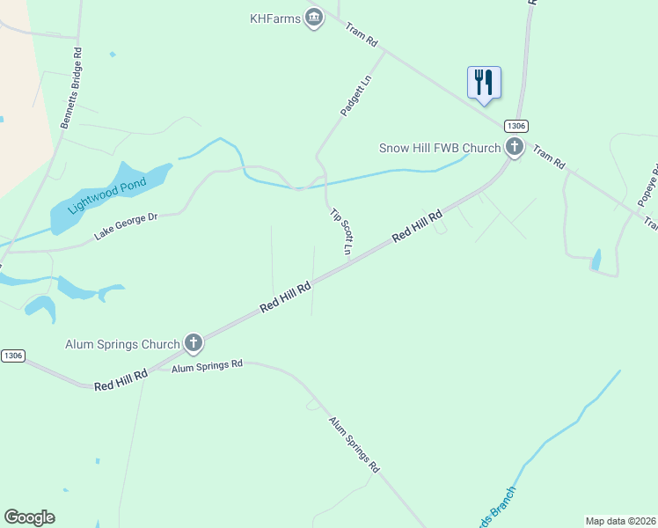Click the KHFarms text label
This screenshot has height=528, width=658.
275,18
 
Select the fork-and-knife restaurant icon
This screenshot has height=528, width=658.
484,83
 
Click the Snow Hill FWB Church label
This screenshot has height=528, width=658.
440,148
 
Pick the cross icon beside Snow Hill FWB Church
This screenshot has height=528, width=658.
515,148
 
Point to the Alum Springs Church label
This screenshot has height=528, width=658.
122,344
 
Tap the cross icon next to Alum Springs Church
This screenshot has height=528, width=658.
194,344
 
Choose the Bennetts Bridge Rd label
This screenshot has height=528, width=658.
71,88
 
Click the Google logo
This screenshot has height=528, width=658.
29,517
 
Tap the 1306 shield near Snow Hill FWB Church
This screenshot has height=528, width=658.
515,127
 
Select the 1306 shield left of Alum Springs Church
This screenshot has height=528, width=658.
12,356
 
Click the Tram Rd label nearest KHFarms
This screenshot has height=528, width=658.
361,35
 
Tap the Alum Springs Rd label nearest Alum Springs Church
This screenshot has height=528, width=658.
208,365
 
